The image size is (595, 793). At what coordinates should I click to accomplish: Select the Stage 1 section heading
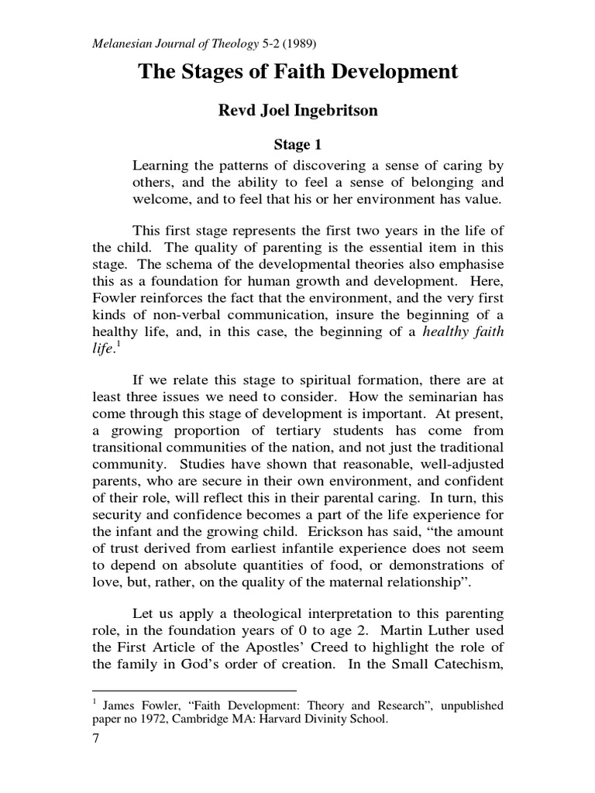[297, 144]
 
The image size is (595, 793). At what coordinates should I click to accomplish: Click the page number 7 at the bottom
[96, 740]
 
